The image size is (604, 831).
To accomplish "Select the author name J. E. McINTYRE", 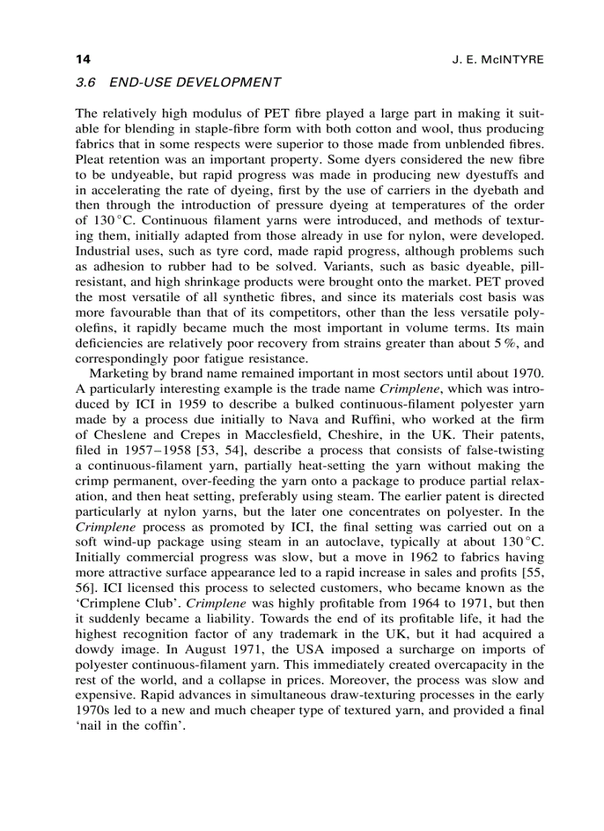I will pos(497,59).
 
